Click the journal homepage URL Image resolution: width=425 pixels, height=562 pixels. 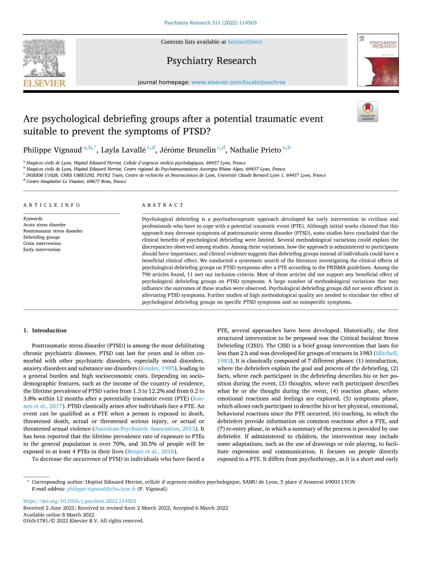238,83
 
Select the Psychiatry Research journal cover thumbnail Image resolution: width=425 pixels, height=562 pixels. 377,60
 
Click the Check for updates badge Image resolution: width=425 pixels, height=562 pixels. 368,111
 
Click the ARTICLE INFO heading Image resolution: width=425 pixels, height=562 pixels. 51,205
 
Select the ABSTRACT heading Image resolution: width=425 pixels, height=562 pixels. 162,205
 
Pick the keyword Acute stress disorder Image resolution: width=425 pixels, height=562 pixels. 44,224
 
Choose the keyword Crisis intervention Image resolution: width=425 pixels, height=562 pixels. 42,244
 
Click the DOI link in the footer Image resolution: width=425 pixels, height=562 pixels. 80,501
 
